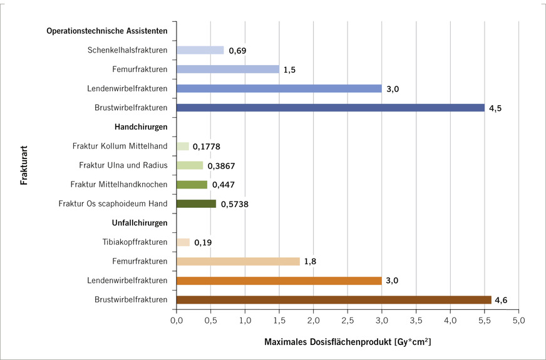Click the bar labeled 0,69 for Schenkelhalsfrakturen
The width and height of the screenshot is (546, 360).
(x=200, y=50)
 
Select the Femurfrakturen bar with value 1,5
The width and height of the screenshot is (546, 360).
(x=227, y=69)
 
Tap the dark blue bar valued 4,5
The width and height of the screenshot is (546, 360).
(x=331, y=108)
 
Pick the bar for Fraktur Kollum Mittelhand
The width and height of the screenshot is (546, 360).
(x=182, y=147)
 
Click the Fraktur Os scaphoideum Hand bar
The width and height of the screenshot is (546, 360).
(x=196, y=203)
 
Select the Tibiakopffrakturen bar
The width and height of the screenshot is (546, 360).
(x=183, y=242)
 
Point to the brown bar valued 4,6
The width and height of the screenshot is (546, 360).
(x=334, y=300)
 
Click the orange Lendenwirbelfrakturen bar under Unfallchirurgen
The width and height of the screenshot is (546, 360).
(x=279, y=280)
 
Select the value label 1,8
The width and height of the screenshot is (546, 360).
(x=309, y=262)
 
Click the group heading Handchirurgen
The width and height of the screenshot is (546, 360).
(x=141, y=127)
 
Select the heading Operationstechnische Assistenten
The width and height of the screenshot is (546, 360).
(x=107, y=31)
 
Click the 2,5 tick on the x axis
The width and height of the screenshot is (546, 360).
(x=348, y=321)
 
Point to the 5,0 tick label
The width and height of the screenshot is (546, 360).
(x=518, y=321)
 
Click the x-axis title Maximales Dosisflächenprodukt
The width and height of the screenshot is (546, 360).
(x=348, y=342)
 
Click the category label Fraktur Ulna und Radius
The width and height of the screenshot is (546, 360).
(x=123, y=165)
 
